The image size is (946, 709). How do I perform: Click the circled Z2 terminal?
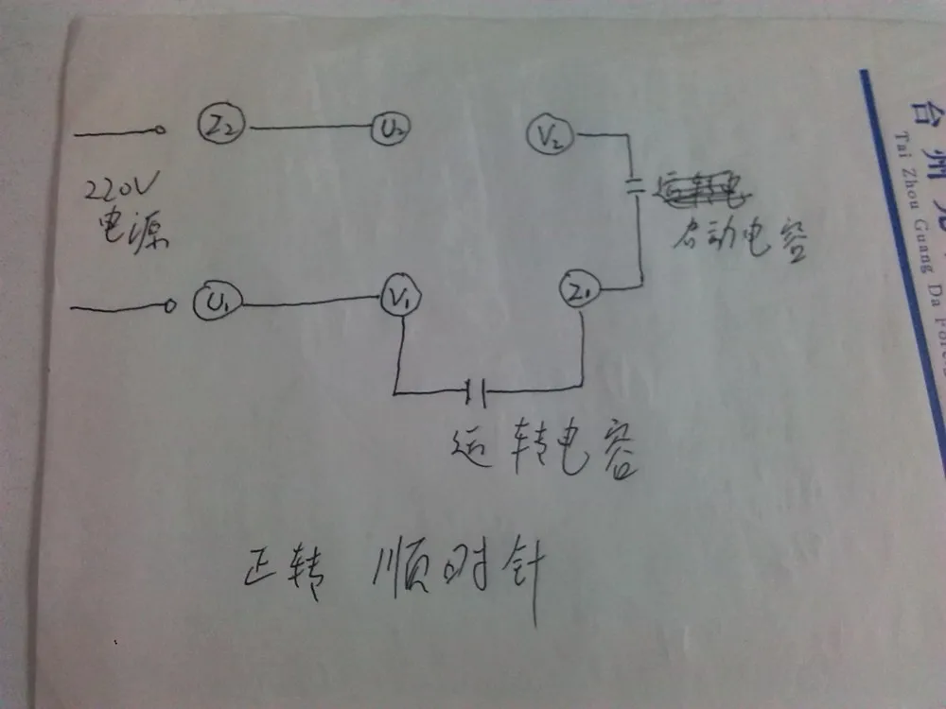click(220, 126)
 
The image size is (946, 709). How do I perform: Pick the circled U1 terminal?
click(219, 277)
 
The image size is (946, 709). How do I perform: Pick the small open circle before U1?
click(170, 279)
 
